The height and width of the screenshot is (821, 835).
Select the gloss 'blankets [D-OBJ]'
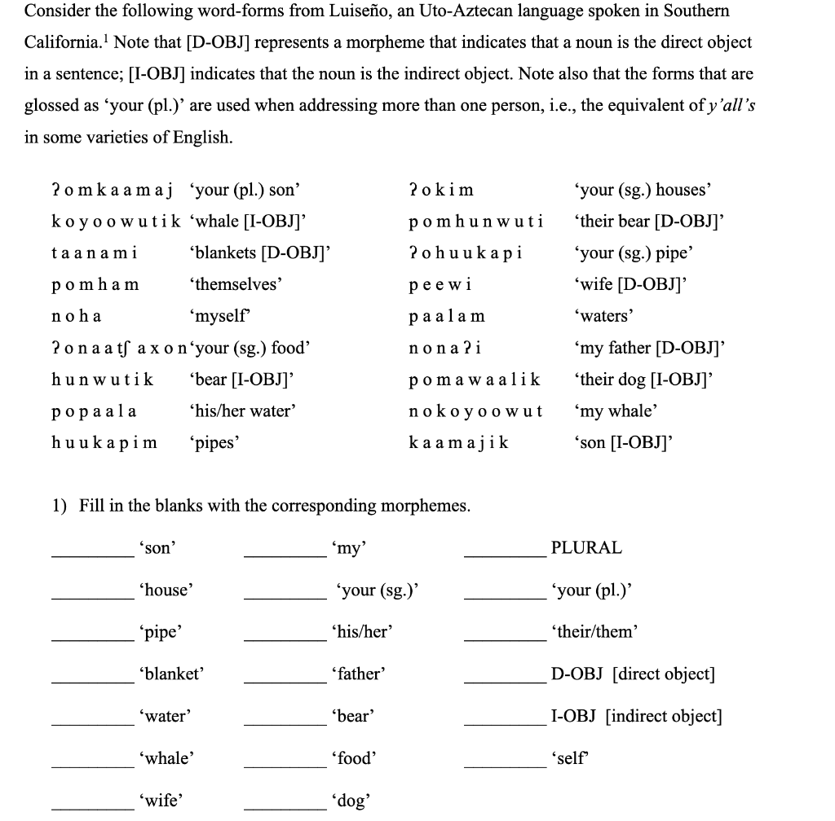[x=258, y=253]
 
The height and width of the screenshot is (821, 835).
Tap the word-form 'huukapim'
[x=104, y=443]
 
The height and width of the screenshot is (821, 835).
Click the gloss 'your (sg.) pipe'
[x=631, y=253]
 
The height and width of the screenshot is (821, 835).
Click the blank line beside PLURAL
[x=504, y=554]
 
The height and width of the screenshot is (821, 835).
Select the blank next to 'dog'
[x=284, y=806]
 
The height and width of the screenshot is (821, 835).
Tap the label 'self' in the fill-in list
[x=569, y=758]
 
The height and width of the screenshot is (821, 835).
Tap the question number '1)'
[x=60, y=506]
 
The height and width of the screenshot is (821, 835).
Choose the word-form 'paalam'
[x=447, y=317]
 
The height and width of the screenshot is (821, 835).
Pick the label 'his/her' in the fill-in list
[x=362, y=632]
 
